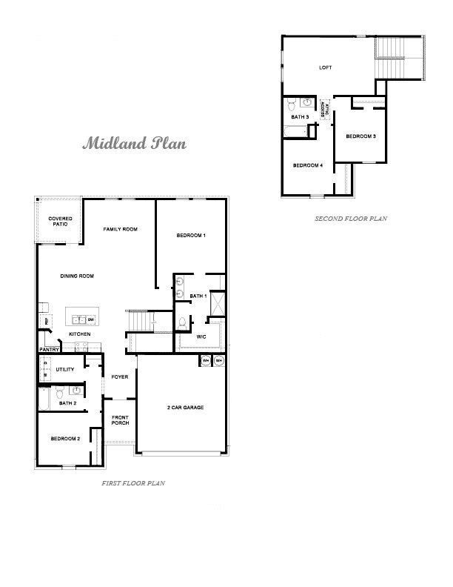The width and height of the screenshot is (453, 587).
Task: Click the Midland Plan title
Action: tap(134, 142)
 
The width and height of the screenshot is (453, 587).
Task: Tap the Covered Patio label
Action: tap(59, 221)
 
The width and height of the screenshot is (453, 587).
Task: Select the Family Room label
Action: tap(120, 230)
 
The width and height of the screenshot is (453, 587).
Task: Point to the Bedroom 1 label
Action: tap(190, 236)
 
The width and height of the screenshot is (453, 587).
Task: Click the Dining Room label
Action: tap(77, 276)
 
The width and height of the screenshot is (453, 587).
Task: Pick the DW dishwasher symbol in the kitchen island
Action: tap(92, 320)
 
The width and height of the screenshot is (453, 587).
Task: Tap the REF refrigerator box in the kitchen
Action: tap(47, 321)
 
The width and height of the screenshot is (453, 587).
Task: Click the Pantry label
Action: tap(49, 349)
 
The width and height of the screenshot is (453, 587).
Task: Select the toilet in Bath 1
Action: tap(181, 323)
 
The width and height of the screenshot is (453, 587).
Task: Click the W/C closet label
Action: tap(201, 337)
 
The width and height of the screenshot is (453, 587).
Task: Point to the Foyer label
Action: tap(120, 377)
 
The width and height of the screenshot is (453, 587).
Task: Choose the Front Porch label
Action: tap(120, 420)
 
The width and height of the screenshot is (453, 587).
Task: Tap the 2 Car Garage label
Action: tap(185, 408)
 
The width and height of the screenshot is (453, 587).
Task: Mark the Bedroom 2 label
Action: tap(65, 439)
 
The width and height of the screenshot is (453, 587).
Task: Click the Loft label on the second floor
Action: tap(326, 67)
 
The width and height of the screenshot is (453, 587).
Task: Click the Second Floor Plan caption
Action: tap(351, 219)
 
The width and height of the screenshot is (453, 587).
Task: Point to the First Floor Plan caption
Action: tap(133, 482)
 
